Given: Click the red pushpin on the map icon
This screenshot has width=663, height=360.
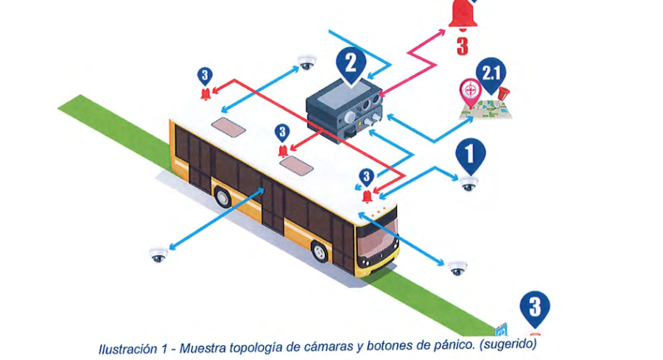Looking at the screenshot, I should coord(503,94).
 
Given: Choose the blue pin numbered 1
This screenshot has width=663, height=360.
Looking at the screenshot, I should coord(470,155).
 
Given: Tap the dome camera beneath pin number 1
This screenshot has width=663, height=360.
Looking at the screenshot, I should coord(469,183).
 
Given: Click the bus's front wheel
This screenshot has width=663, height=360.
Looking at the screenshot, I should coord(320,252).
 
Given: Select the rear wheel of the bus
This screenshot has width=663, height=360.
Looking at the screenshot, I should coord(222,197).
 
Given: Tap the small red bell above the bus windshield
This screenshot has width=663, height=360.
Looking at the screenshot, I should coord(368,195).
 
